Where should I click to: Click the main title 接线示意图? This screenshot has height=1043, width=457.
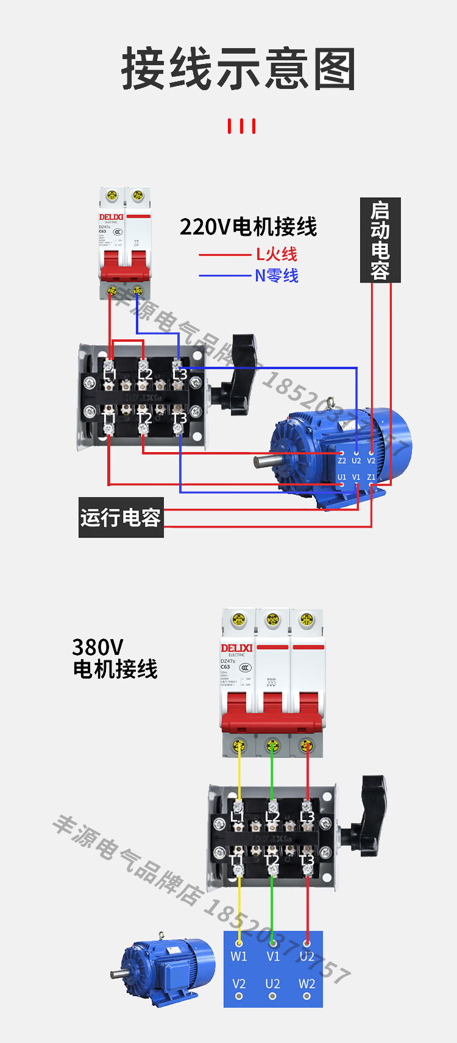[x=238, y=69]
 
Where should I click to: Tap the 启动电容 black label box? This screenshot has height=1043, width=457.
[x=380, y=240]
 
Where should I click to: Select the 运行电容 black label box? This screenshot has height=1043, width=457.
[x=121, y=517]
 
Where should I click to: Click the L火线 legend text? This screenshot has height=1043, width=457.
[x=277, y=254]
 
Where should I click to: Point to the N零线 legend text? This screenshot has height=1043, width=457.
[x=277, y=275]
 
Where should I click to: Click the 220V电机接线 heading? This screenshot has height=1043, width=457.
[x=248, y=227]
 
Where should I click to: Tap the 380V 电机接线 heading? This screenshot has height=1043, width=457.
[x=115, y=658]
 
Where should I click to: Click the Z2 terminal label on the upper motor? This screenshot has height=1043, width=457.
[x=342, y=461]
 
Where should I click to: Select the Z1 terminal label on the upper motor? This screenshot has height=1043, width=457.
[x=371, y=477]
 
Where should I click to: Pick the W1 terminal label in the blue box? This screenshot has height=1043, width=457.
[x=239, y=956]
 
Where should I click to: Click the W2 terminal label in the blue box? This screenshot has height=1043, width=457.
[x=306, y=984]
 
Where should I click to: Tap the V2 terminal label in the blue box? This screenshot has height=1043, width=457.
[x=239, y=984]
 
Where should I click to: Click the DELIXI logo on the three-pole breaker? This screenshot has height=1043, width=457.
[x=236, y=648]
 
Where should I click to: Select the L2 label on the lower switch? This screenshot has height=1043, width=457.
[x=272, y=817]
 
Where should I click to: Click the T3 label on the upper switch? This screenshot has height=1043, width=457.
[x=179, y=419]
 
